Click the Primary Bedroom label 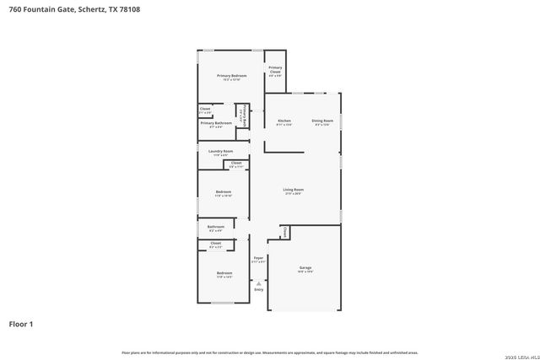coord(230,76)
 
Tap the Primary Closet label coord(275,70)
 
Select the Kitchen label coord(284,121)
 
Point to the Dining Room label coord(322,121)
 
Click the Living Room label coord(293,190)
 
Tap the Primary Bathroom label coord(216,123)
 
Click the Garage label coord(305,268)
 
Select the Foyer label coord(258,259)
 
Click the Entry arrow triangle coord(259,283)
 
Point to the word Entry coord(259,290)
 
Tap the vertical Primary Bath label coord(242,116)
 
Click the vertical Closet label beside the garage coord(285,232)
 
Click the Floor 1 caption coord(21,324)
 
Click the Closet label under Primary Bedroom coord(205,109)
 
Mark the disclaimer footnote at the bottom coord(269,352)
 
